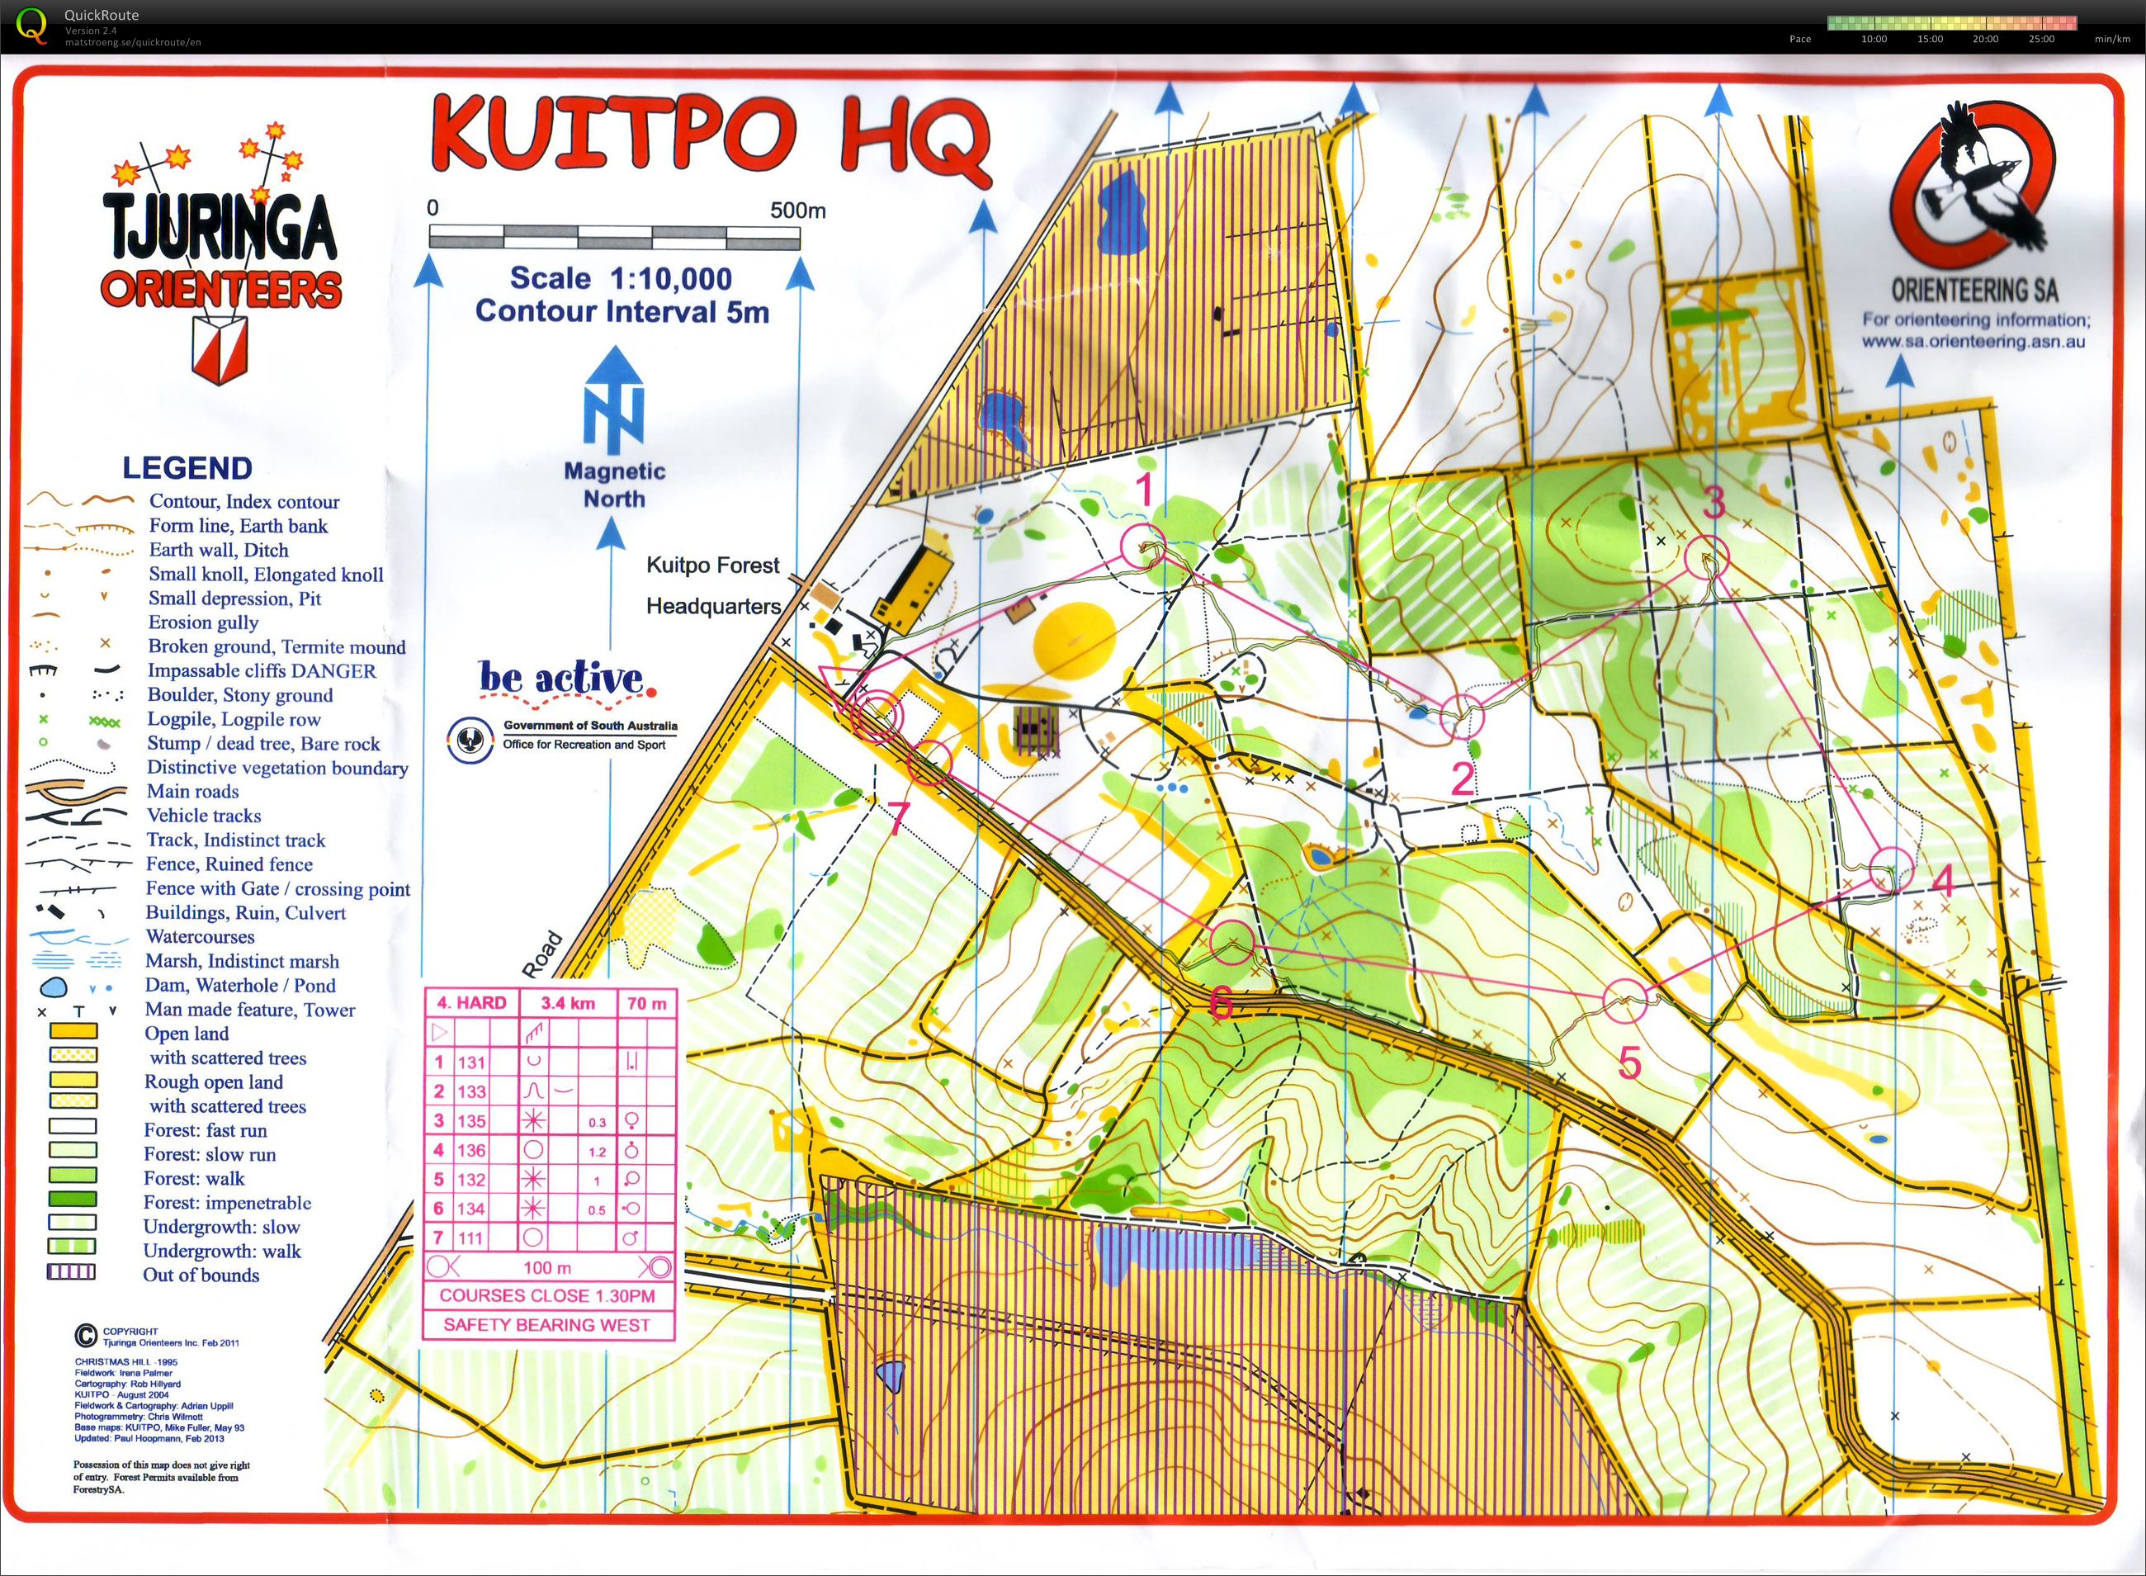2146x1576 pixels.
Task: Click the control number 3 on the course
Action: (x=1714, y=502)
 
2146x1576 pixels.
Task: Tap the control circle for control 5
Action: (x=1624, y=999)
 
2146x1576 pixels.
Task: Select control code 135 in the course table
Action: (x=471, y=1121)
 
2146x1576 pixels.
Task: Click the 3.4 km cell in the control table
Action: (x=568, y=1003)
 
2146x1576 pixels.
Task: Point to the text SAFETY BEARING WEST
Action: (x=546, y=1325)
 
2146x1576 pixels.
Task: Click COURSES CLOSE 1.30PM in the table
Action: (x=546, y=1295)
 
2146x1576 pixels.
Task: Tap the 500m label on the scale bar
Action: (x=797, y=210)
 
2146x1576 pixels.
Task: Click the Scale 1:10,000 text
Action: (x=621, y=278)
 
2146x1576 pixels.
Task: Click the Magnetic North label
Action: (x=614, y=485)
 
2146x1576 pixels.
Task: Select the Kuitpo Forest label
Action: (x=712, y=565)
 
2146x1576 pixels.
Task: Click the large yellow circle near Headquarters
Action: (x=1074, y=638)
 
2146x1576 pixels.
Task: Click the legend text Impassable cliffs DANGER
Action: (x=262, y=670)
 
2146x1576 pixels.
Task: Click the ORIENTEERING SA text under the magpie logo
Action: (x=1973, y=290)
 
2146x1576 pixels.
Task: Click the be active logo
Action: (x=566, y=679)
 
